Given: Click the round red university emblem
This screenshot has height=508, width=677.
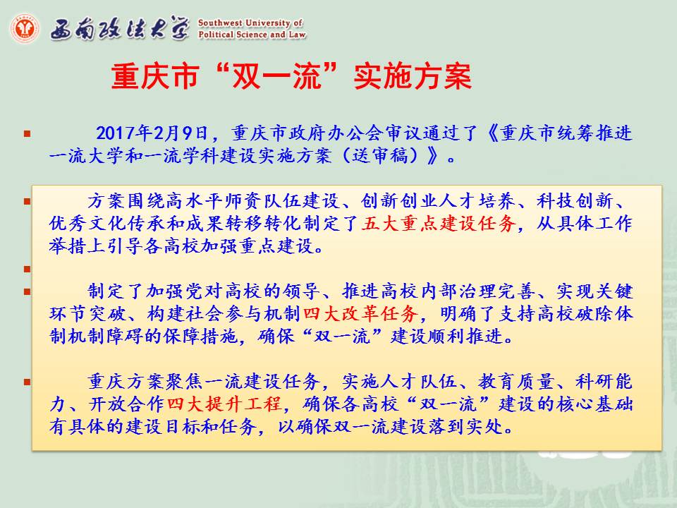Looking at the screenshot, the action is point(25,28).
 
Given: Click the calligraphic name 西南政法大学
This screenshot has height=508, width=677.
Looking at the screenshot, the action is point(120,29).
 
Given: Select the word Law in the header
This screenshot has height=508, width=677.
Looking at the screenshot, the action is point(297,34).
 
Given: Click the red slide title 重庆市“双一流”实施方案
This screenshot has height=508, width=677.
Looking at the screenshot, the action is point(291,76).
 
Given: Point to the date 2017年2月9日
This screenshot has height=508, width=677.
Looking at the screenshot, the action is point(152,133).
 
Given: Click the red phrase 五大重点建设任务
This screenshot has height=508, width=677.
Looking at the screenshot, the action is point(439,224).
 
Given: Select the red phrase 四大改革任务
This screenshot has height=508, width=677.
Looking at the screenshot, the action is point(360,313).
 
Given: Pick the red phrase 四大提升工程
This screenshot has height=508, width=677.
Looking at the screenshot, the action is point(224,404).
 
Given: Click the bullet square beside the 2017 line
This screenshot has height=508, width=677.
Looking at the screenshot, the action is point(28,134).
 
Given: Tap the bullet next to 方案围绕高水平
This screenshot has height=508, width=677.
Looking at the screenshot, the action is point(28,201).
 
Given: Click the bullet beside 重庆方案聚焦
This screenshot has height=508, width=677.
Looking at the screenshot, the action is point(28,382).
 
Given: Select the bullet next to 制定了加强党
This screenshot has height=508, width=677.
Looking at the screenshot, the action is point(28,291).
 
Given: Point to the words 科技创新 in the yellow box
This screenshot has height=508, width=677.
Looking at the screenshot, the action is point(575,201).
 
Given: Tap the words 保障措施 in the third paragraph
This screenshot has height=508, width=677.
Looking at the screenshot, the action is point(200,336).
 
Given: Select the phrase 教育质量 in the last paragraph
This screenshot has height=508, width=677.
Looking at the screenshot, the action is point(516,382).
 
